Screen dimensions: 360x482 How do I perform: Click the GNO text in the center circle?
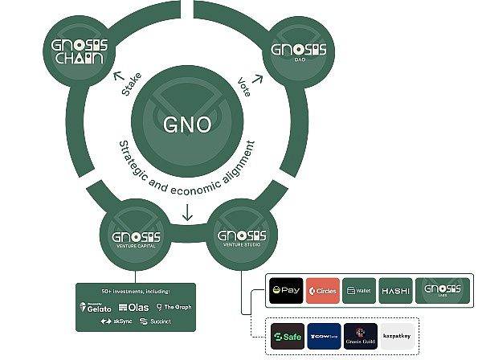[x=187, y=125]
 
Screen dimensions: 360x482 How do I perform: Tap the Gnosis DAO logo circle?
[x=299, y=54]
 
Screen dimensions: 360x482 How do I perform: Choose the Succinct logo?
[x=155, y=321]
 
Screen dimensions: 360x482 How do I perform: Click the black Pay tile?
[x=287, y=289]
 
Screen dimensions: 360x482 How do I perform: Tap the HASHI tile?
[x=395, y=289]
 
